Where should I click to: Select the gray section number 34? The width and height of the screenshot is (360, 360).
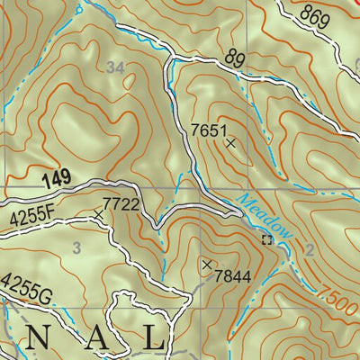click(x=114, y=67)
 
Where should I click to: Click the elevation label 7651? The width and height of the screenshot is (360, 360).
click(x=207, y=130)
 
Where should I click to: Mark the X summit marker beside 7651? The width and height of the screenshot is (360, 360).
click(x=230, y=143)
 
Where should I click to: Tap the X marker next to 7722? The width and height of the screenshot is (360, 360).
click(x=98, y=213)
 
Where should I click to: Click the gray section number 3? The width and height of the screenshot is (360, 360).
click(x=77, y=247)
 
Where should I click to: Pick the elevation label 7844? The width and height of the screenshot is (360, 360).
click(x=232, y=274)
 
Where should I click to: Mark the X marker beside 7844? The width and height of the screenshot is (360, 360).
click(x=208, y=265)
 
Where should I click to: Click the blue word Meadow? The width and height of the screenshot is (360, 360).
click(x=265, y=217)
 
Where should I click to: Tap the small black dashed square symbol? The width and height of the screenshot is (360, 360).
click(x=265, y=239)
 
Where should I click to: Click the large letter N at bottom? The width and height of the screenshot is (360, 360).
click(x=40, y=339)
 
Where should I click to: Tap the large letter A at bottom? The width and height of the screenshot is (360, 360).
click(x=96, y=339)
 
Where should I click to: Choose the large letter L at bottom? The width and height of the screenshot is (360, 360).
click(x=153, y=339)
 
